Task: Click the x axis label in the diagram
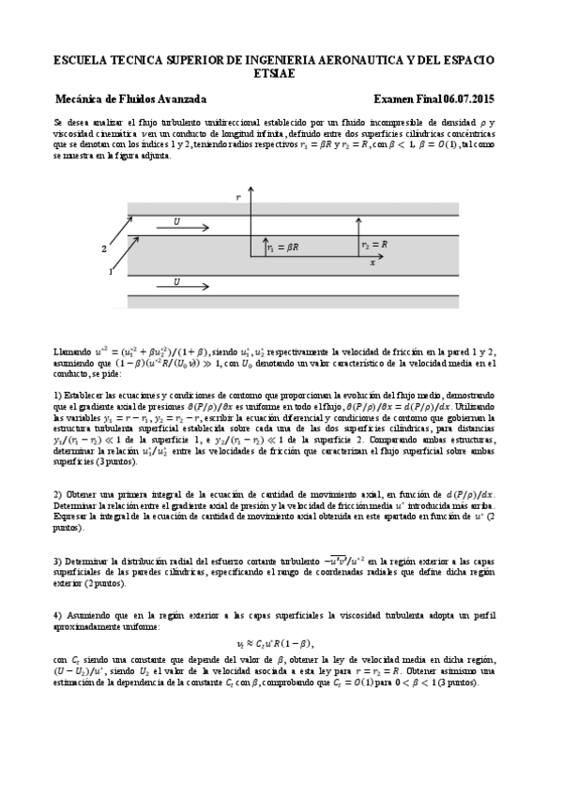pyautogui.click(x=372, y=263)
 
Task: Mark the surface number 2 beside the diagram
pyautogui.click(x=104, y=249)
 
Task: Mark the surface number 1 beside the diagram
pyautogui.click(x=112, y=272)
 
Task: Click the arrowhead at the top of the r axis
pyautogui.click(x=251, y=193)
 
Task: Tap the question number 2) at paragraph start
pyautogui.click(x=58, y=493)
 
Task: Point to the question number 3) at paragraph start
pyautogui.click(x=58, y=560)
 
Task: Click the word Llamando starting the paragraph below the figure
pyautogui.click(x=72, y=351)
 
